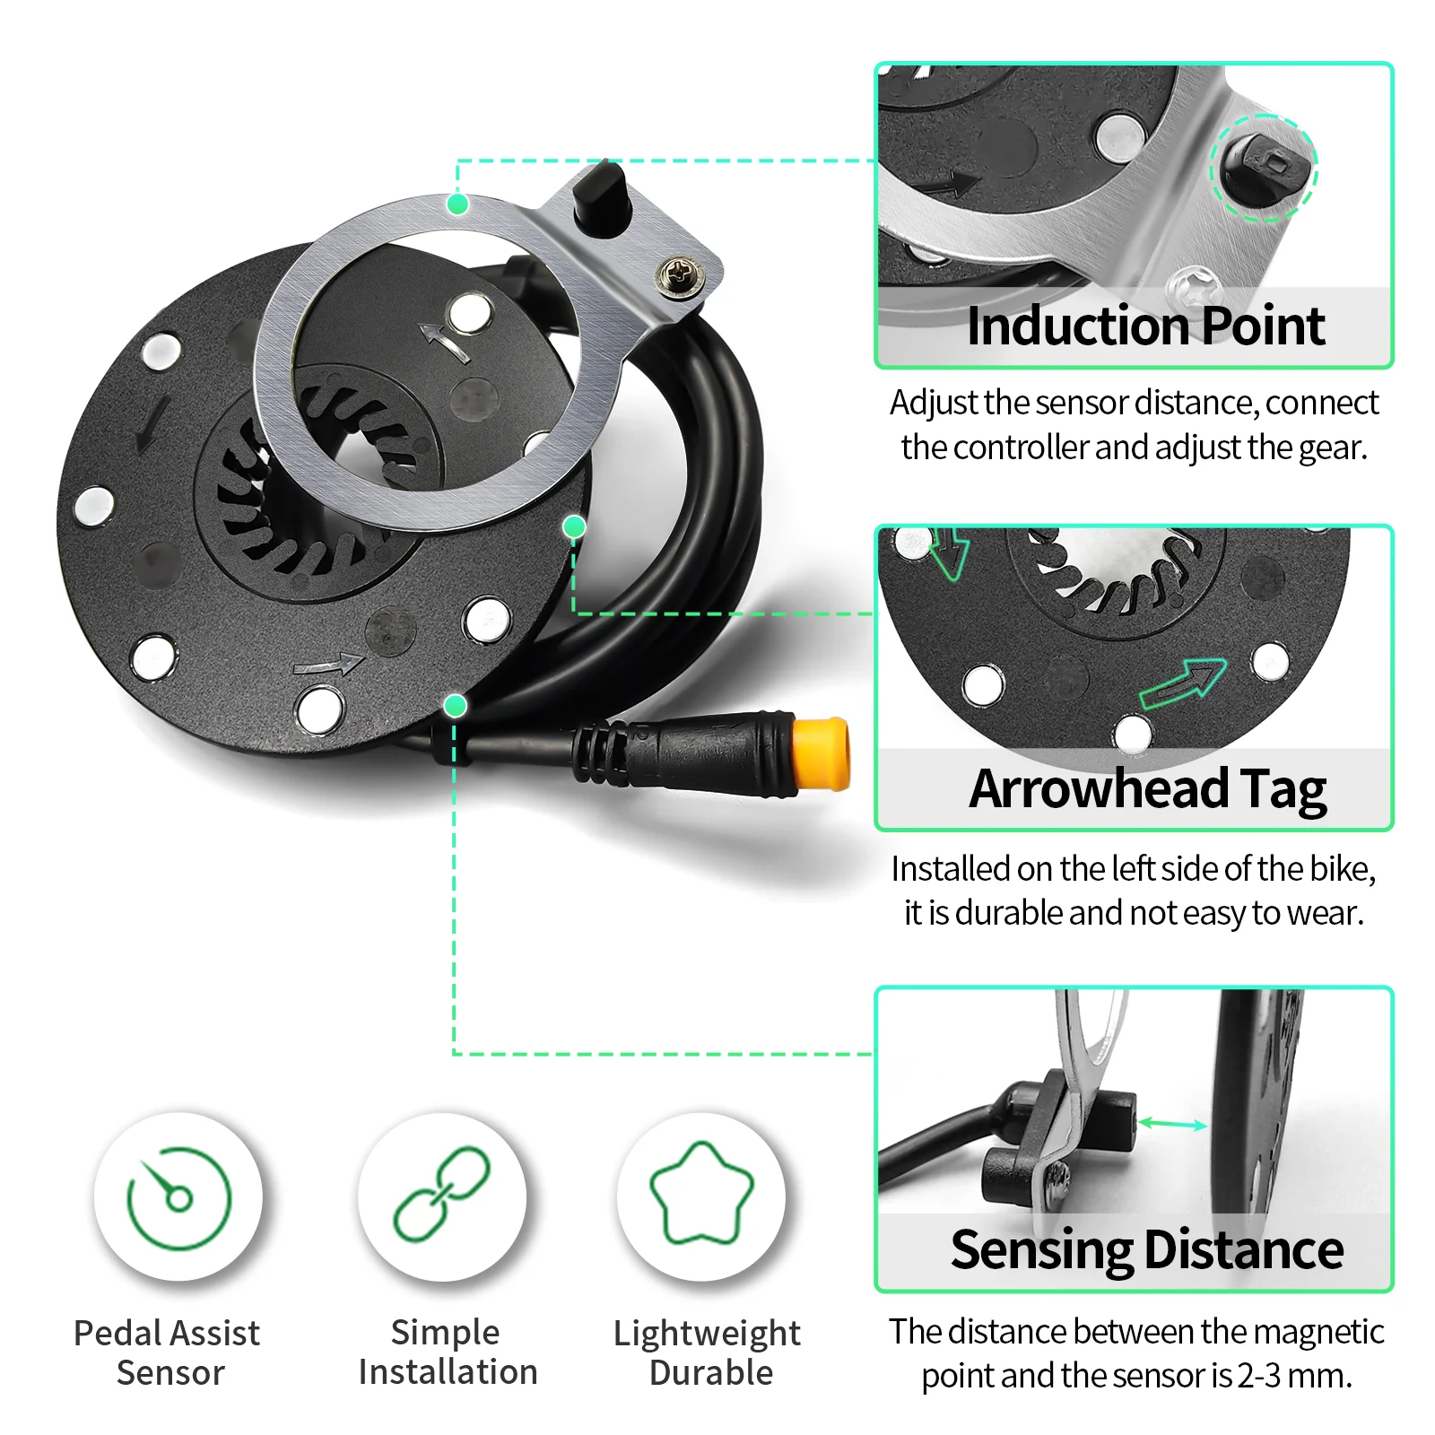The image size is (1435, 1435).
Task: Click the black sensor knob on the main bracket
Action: [x=600, y=197]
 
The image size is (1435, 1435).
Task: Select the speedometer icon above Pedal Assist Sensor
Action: [x=179, y=1198]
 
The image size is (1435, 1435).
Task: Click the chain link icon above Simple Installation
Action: [x=442, y=1194]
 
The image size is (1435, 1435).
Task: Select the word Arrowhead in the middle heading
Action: [x=1099, y=789]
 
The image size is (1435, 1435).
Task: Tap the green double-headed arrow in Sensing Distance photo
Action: [x=1173, y=1124]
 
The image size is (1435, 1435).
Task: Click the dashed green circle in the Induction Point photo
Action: [x=1264, y=168]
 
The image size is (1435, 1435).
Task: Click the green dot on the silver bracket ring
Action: [x=457, y=204]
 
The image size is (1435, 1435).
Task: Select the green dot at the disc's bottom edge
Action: [x=456, y=706]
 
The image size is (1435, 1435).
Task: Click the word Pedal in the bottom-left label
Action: [x=113, y=1333]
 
